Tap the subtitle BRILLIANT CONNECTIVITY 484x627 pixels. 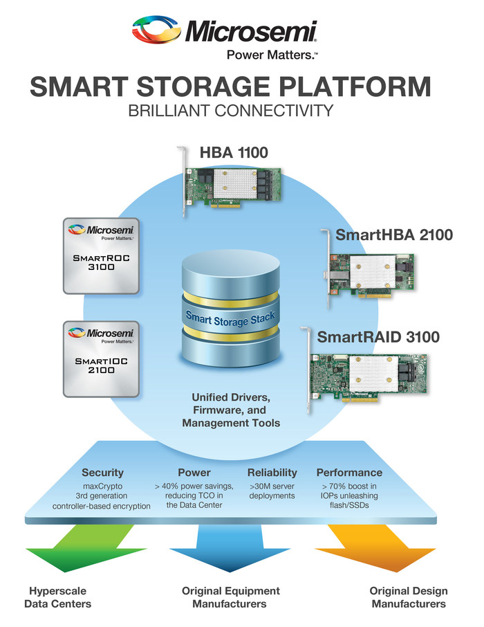232,110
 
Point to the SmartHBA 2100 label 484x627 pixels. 394,235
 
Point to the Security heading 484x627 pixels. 102,473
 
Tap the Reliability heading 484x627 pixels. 272,473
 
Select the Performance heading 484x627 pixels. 349,473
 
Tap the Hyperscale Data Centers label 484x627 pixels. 58,597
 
